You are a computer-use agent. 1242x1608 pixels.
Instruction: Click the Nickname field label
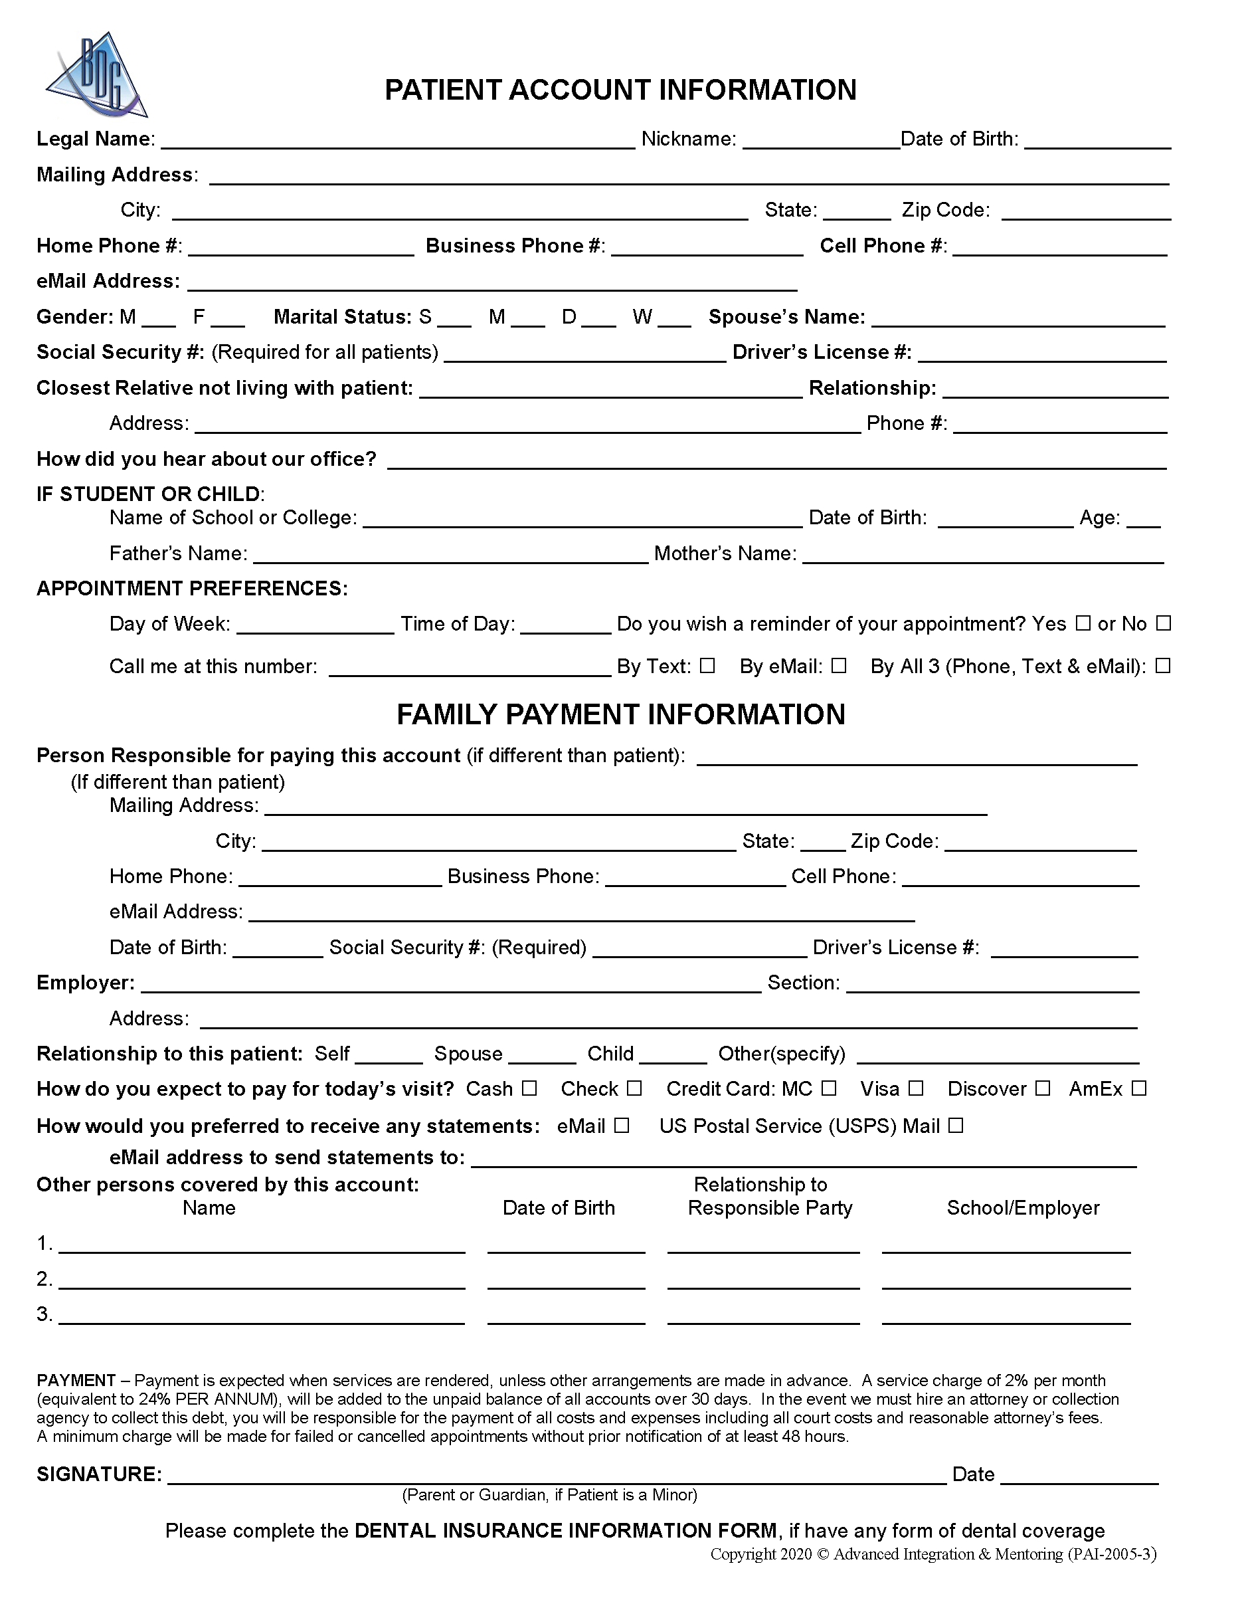pyautogui.click(x=688, y=138)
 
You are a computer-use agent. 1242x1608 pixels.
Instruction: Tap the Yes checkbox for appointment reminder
pyautogui.click(x=1083, y=623)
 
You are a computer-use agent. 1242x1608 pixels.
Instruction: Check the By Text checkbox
pyautogui.click(x=707, y=666)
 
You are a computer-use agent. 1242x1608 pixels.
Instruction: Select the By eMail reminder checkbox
pyautogui.click(x=839, y=666)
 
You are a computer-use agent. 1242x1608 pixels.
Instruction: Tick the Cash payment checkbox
pyautogui.click(x=530, y=1088)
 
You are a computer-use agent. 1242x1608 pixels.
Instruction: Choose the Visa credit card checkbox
pyautogui.click(x=916, y=1088)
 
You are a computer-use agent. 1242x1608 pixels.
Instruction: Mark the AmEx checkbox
pyautogui.click(x=1139, y=1088)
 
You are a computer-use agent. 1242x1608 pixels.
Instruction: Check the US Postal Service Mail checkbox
pyautogui.click(x=956, y=1125)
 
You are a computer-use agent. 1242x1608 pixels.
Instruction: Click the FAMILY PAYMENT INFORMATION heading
pyautogui.click(x=620, y=714)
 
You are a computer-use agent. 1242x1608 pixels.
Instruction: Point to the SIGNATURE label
pyautogui.click(x=98, y=1474)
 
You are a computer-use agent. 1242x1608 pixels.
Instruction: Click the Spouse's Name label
pyautogui.click(x=786, y=316)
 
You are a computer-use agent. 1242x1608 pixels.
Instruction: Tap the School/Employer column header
pyautogui.click(x=1023, y=1207)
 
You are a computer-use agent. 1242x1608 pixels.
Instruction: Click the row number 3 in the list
pyautogui.click(x=44, y=1314)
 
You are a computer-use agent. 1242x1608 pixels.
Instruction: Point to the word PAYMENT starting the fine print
pyautogui.click(x=76, y=1381)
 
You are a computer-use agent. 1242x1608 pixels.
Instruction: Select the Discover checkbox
pyautogui.click(x=1043, y=1088)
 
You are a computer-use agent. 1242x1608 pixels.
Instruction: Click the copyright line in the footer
pyautogui.click(x=933, y=1554)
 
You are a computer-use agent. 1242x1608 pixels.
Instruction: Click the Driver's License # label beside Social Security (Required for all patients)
pyautogui.click(x=822, y=352)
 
